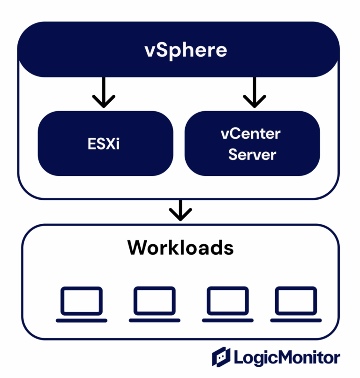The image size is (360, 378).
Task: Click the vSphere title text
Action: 179,50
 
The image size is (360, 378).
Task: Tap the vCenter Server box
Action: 252,144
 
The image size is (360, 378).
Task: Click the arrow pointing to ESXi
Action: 104,92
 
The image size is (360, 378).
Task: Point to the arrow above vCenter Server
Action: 254,92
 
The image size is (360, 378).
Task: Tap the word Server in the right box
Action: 252,154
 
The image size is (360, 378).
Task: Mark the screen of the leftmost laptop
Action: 82,301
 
